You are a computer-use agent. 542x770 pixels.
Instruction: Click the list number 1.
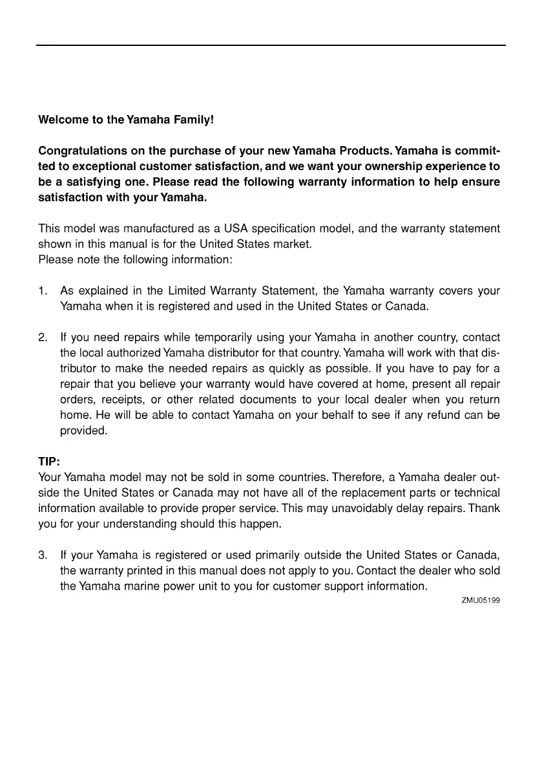[42, 292]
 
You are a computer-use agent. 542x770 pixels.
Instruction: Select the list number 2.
[43, 337]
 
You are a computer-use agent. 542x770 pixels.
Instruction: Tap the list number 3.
[43, 555]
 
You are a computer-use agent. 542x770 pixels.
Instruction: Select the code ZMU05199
[481, 600]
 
